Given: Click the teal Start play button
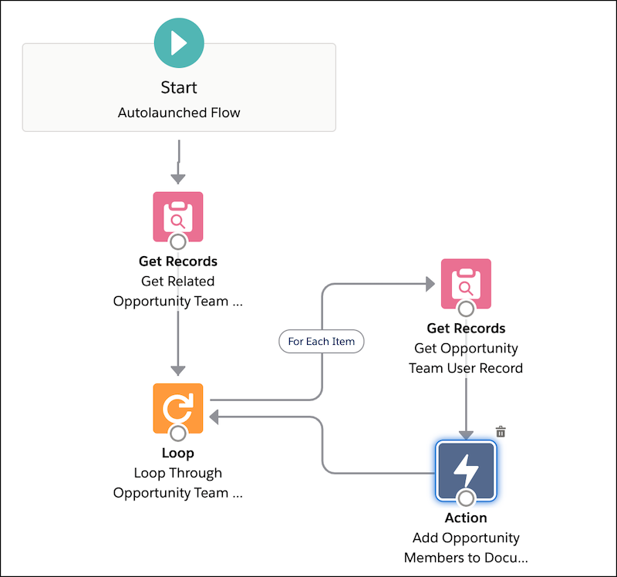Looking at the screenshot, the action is [x=179, y=43].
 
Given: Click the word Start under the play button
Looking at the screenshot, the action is [x=179, y=87].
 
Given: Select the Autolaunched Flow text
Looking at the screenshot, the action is [x=179, y=113].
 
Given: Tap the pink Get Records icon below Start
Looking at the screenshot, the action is [x=178, y=217].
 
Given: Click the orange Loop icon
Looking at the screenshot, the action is [x=178, y=408].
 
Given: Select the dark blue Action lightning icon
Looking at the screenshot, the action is [x=466, y=471].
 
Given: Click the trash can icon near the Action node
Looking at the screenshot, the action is [x=501, y=431].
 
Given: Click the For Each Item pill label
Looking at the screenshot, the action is [x=322, y=341].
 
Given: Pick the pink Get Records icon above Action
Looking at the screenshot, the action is [x=466, y=283].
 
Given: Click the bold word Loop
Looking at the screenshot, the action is [x=178, y=453].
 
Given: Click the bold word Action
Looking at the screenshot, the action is [x=466, y=518].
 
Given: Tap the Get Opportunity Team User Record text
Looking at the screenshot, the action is [x=466, y=358].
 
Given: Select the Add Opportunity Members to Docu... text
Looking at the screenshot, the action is [x=466, y=548].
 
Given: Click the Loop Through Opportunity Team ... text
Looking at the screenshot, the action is [x=178, y=483].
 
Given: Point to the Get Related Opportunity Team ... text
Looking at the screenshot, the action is [x=178, y=291].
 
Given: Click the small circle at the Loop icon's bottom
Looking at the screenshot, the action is [x=178, y=434].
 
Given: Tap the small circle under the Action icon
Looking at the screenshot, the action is [x=466, y=498].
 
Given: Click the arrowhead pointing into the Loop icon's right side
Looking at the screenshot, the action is [x=214, y=417].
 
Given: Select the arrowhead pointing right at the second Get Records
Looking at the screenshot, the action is [x=430, y=284].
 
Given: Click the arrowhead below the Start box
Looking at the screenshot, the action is [x=178, y=179].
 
